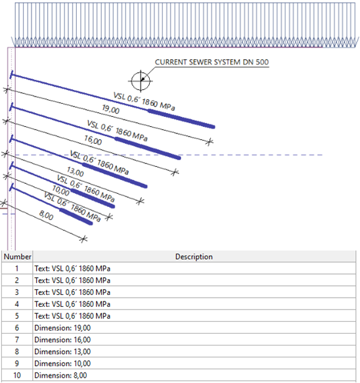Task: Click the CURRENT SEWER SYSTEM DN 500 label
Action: (x=212, y=62)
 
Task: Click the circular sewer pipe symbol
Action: (x=141, y=81)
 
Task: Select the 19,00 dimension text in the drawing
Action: (x=110, y=109)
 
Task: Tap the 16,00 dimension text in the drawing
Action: (x=93, y=140)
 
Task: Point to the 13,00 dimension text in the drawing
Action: (x=76, y=171)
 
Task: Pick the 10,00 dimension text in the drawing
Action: (x=61, y=191)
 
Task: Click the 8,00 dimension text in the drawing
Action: (x=46, y=215)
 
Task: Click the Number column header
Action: (x=17, y=256)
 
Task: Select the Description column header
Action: (x=194, y=256)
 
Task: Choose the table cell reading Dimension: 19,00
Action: (x=62, y=328)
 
